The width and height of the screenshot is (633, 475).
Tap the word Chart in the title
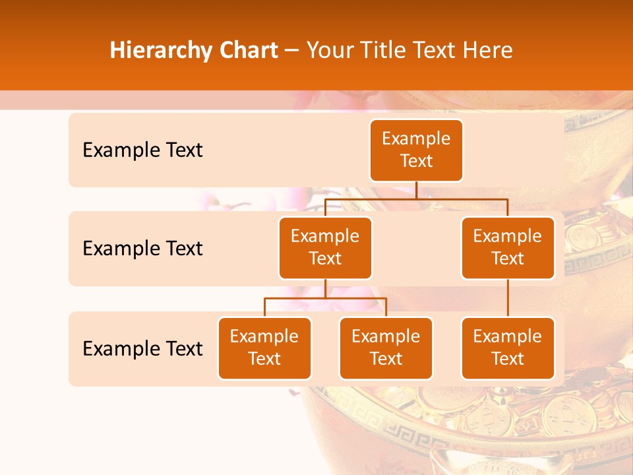(245, 50)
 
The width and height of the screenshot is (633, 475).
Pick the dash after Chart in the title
(292, 50)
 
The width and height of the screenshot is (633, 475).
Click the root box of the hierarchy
(416, 150)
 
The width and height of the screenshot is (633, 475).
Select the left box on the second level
(325, 247)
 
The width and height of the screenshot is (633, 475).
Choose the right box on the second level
(508, 247)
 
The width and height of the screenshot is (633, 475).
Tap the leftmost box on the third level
(264, 348)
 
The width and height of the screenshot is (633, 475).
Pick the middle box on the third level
(386, 348)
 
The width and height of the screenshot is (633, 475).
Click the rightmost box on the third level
(508, 348)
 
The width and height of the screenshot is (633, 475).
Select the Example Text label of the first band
(142, 150)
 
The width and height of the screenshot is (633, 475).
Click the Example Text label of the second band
(142, 249)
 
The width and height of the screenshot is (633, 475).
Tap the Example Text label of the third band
(142, 349)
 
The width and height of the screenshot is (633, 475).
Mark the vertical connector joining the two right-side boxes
(508, 298)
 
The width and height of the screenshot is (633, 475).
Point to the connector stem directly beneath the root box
(416, 190)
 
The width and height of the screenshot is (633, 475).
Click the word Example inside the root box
(416, 139)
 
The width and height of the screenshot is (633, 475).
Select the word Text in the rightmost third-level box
(508, 359)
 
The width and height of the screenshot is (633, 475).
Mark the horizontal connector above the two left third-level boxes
(325, 298)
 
